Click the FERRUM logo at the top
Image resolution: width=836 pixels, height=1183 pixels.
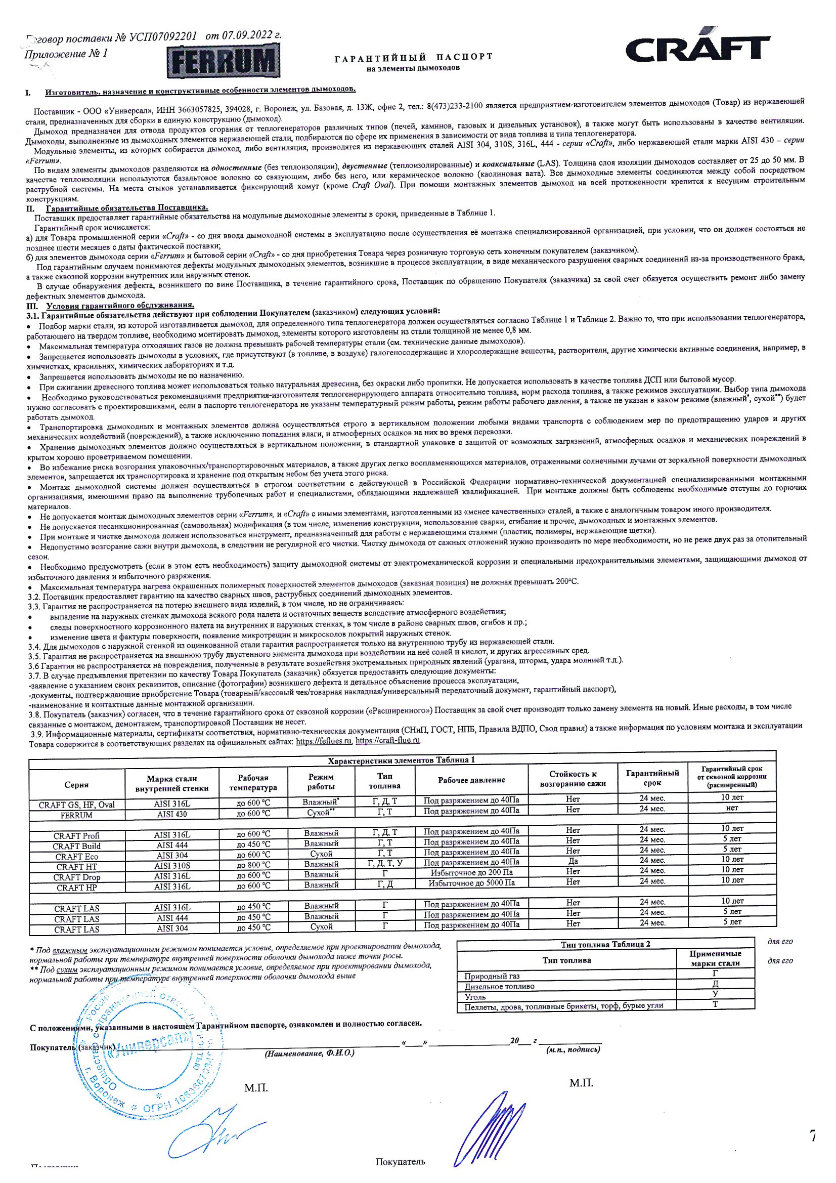coord(223,61)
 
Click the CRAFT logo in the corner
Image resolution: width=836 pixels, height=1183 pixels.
coord(697,49)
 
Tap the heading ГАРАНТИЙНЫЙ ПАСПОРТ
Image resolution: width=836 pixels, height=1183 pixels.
coord(414,57)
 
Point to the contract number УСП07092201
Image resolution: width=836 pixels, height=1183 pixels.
coord(163,36)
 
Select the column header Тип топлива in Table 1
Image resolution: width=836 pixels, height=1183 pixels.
coord(384,781)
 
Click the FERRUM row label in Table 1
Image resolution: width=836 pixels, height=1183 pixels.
coord(76,815)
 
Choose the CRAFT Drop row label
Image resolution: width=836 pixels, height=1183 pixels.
coord(77,877)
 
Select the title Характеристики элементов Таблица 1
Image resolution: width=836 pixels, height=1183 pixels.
coord(401,760)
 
